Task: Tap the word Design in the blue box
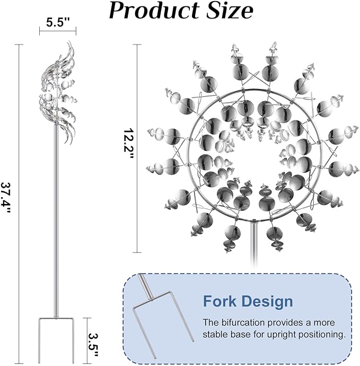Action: (267, 301)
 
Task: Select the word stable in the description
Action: (215, 335)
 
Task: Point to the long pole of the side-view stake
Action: (56, 222)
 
